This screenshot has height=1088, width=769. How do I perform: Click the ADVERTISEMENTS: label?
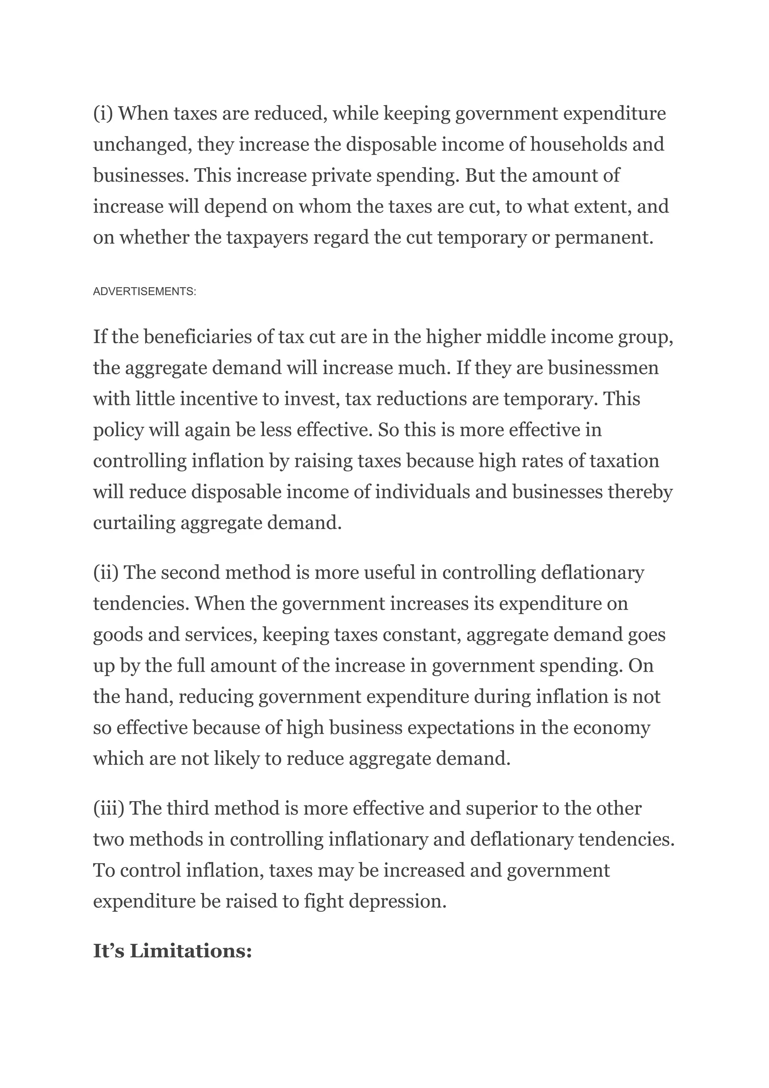[x=145, y=292]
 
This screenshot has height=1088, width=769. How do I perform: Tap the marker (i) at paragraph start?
[x=103, y=114]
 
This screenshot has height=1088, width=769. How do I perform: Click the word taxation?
[x=624, y=461]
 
